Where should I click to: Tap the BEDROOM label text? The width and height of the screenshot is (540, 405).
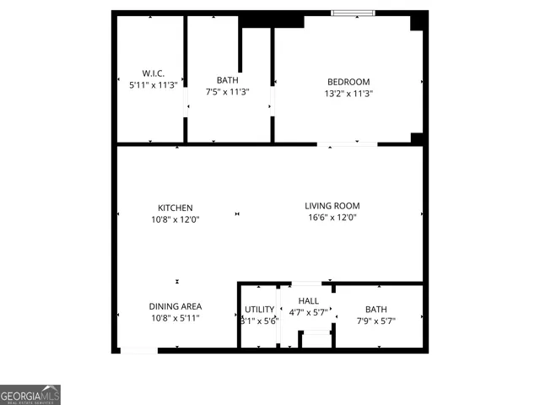pos(348,82)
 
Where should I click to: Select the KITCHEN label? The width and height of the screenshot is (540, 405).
pos(175,208)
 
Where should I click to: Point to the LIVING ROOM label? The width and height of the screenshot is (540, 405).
pos(332,205)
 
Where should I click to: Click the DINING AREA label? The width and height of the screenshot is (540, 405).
pos(175,306)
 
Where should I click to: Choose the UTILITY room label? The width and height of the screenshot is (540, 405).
pos(259,310)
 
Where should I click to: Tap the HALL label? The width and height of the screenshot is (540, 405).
pos(308,301)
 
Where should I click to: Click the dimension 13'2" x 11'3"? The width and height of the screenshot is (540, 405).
pos(348,94)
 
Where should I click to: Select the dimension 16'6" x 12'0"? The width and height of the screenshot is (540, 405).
pos(332,217)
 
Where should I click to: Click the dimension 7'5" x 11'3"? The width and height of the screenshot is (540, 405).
pos(227,92)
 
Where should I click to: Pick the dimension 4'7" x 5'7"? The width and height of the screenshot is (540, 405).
pos(308,313)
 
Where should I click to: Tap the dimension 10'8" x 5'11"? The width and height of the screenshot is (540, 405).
pos(175,318)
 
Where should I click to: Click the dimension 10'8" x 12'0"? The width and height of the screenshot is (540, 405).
pos(175,219)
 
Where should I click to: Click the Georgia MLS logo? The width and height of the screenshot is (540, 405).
pos(30,395)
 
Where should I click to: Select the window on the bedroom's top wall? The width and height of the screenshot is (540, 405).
pos(354,13)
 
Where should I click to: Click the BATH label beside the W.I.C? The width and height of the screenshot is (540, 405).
pos(227,80)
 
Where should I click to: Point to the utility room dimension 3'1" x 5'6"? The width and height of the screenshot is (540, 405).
pos(259,321)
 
